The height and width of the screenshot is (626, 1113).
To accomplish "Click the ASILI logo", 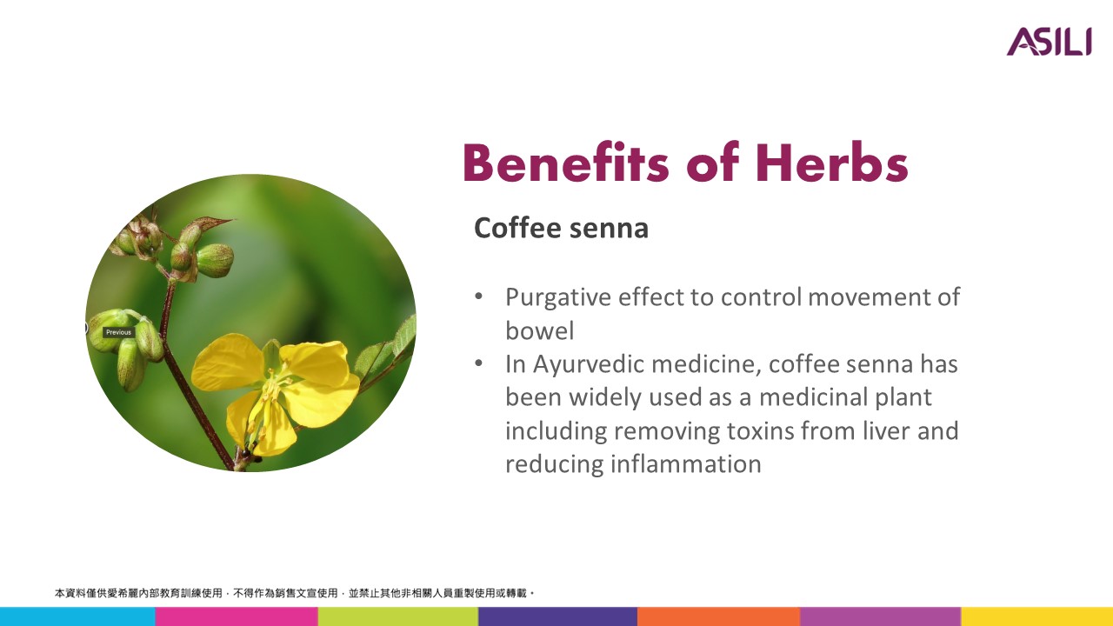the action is [x=1049, y=42].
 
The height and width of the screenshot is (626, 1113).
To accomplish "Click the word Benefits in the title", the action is [x=566, y=162].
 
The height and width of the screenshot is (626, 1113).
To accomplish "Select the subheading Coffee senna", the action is [x=562, y=228].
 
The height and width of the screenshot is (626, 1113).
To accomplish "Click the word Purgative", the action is [x=558, y=298].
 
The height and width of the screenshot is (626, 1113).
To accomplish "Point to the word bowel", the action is [x=540, y=331].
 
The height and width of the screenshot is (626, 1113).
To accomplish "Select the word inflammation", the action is [x=686, y=464].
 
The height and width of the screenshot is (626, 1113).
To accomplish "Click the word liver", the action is [x=887, y=430].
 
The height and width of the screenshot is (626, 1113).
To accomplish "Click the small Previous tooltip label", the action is [x=119, y=332].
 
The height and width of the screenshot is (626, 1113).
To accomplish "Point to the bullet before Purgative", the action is [x=479, y=297].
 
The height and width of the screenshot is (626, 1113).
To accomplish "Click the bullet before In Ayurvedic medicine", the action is [x=479, y=363].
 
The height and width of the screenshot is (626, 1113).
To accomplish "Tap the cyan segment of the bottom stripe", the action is [x=77, y=616].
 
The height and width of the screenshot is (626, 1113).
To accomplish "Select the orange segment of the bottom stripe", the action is [x=718, y=616].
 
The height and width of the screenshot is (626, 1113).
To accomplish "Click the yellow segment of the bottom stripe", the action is [x=1037, y=616].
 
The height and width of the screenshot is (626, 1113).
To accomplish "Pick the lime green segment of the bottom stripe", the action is [x=398, y=616].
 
